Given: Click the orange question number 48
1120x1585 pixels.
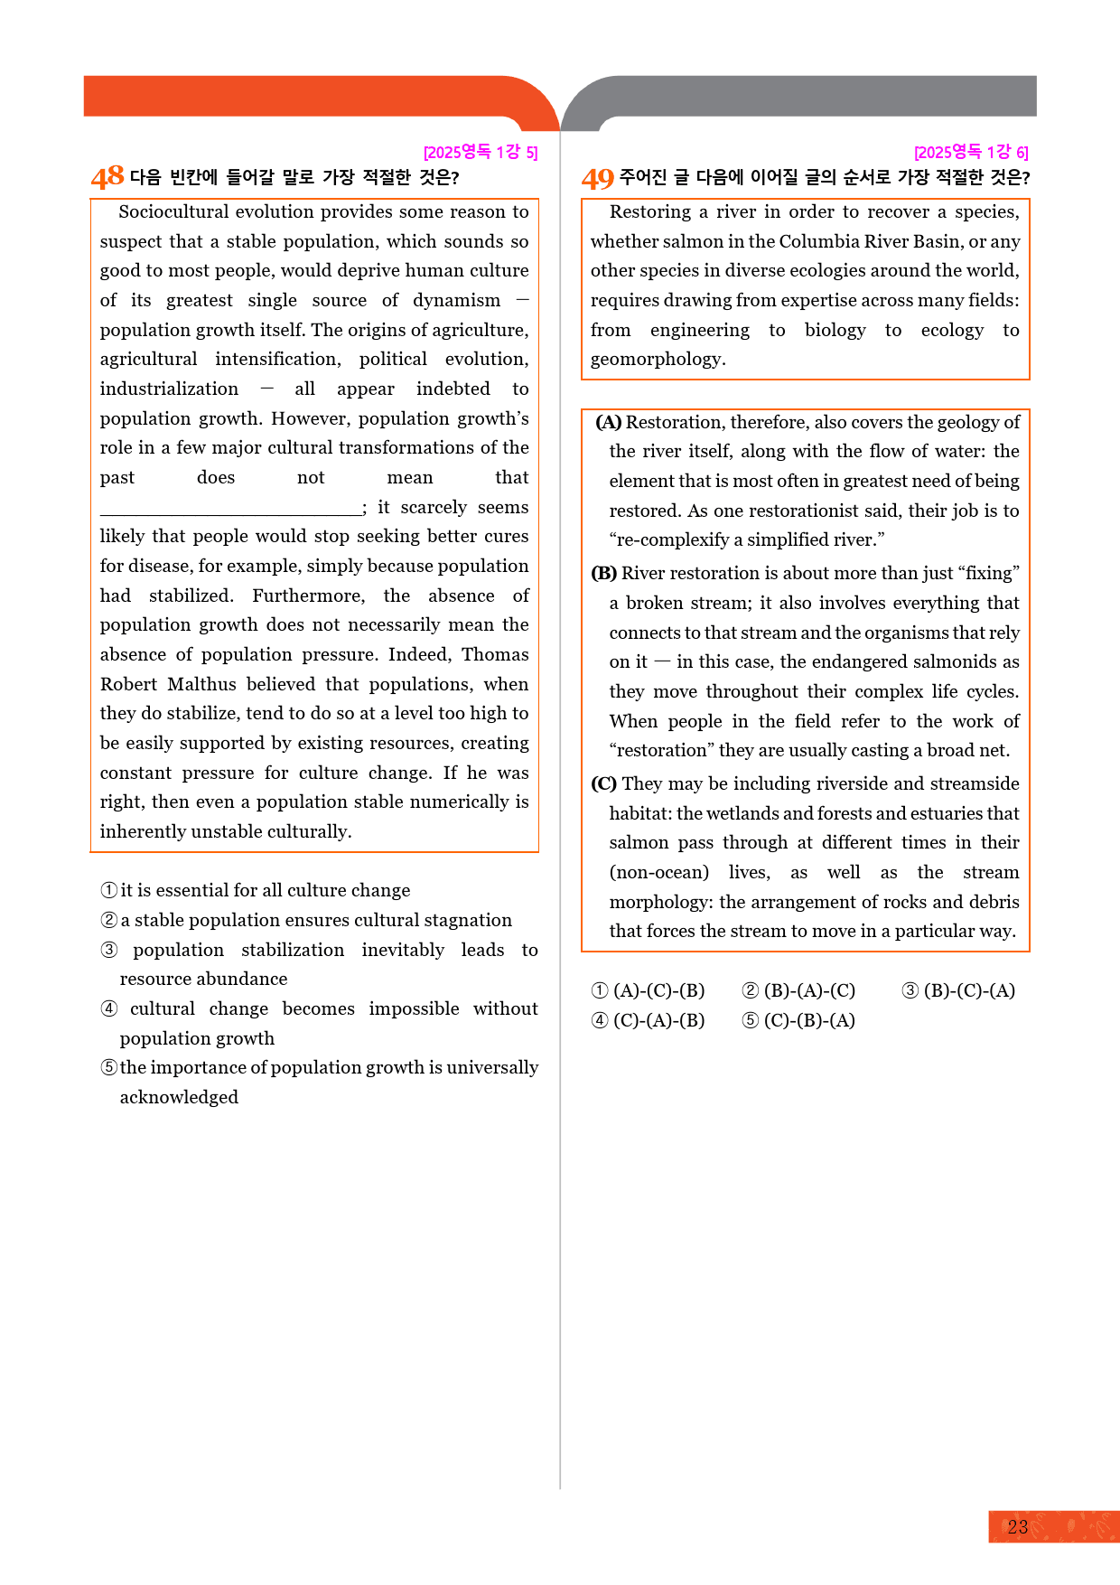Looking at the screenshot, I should click(x=107, y=177).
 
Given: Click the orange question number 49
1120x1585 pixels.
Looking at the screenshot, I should click(x=597, y=178).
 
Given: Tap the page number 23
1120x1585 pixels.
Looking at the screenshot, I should click(x=1018, y=1527).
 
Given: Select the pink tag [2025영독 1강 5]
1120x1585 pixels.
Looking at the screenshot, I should click(x=481, y=152).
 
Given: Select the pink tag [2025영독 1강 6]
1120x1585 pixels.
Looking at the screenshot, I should click(x=971, y=152).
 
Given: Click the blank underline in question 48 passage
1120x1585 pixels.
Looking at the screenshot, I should click(x=230, y=508).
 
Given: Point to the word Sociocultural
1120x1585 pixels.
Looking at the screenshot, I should click(x=173, y=211).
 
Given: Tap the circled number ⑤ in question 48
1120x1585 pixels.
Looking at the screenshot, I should click(x=109, y=1067).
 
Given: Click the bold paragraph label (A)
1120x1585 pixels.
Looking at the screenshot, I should click(x=608, y=422).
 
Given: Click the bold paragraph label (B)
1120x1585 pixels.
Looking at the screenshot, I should click(x=603, y=573).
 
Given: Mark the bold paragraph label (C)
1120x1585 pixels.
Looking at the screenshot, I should click(x=603, y=783).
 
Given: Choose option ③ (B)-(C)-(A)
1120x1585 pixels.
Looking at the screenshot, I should click(x=958, y=990).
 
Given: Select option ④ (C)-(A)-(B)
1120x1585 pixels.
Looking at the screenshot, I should click(x=649, y=1020).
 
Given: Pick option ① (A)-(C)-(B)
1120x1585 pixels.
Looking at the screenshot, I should click(x=649, y=990).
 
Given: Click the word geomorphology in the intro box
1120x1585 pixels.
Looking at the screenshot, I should click(x=658, y=359).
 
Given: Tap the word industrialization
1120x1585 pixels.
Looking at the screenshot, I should click(x=169, y=389).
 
